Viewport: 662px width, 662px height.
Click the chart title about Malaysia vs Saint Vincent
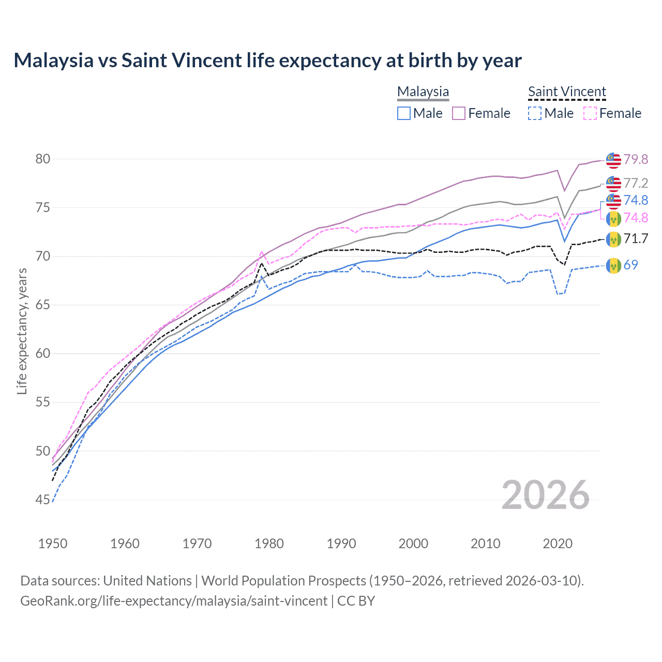[267, 61]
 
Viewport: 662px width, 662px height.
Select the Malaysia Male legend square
[404, 113]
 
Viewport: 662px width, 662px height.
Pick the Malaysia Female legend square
[459, 113]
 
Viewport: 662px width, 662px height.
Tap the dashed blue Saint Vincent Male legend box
[535, 113]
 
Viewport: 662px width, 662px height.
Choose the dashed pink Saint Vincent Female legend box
[590, 113]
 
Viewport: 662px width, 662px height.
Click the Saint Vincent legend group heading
[567, 92]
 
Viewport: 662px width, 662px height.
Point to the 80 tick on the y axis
[43, 159]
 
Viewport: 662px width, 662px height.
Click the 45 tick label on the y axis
[43, 500]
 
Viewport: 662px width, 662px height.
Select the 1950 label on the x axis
[53, 544]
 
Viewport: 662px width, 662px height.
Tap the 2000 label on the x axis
[413, 544]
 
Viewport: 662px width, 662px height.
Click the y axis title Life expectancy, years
[22, 331]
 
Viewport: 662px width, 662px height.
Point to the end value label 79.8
[636, 159]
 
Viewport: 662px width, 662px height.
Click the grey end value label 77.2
[636, 183]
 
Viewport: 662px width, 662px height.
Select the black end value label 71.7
[636, 238]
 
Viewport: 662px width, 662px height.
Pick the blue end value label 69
[630, 265]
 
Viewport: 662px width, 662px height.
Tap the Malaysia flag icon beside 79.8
[613, 160]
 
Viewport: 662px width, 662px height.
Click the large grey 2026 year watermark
[545, 495]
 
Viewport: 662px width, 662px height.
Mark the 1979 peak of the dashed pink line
[262, 252]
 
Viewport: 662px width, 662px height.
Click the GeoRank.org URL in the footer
[174, 601]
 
